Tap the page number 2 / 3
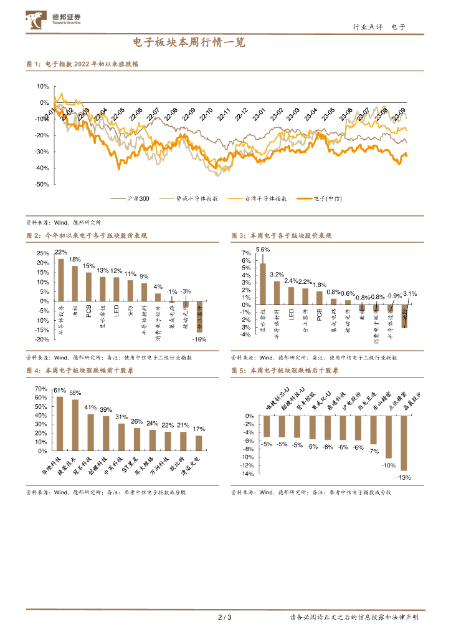[x=225, y=618]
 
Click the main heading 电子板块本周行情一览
[x=189, y=43]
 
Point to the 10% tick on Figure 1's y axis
[x=43, y=87]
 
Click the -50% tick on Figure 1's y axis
[x=42, y=185]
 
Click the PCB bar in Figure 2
[x=88, y=286]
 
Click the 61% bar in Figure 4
[x=60, y=424]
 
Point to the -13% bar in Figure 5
[x=403, y=443]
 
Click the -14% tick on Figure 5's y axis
[x=248, y=474]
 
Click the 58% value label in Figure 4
[x=75, y=393]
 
